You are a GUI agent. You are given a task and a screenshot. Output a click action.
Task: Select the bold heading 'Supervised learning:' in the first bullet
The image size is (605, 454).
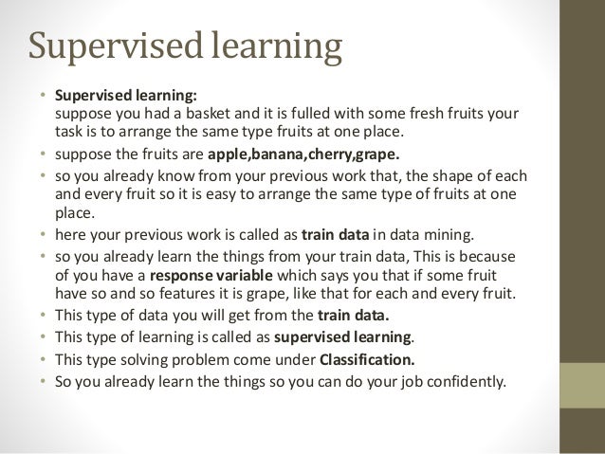click(x=126, y=96)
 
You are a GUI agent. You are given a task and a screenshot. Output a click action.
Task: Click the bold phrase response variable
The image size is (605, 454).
click(x=201, y=275)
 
